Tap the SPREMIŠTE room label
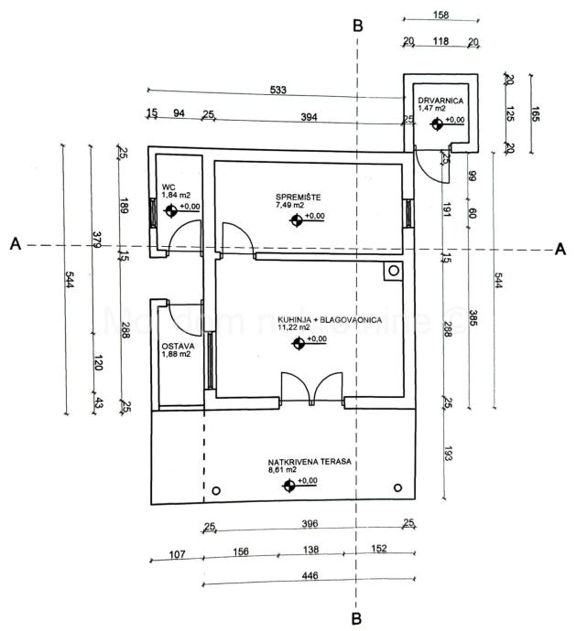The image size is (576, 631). click(296, 198)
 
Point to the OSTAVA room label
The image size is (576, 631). click(176, 346)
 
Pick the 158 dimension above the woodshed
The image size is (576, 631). click(440, 15)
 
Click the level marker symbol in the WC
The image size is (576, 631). click(170, 211)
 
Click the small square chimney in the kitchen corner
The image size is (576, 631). click(393, 271)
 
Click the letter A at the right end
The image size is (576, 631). click(560, 248)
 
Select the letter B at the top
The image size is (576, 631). click(358, 25)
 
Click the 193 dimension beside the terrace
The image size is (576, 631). click(447, 452)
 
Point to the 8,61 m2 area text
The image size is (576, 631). click(283, 471)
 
